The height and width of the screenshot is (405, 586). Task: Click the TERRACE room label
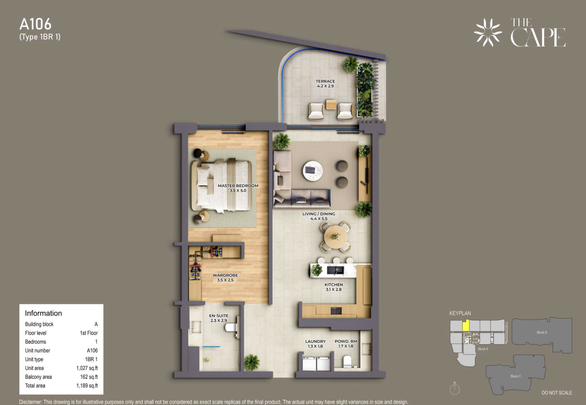click(325, 81)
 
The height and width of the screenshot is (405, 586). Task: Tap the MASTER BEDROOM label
click(238, 186)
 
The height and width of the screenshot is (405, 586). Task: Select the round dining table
click(336, 237)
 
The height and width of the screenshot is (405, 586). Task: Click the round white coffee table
click(312, 170)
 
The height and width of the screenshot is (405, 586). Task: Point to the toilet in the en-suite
click(231, 328)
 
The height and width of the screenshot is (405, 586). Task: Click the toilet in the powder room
click(347, 362)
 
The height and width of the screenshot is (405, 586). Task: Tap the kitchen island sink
click(335, 270)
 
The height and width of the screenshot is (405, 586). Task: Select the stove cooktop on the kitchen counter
click(336, 311)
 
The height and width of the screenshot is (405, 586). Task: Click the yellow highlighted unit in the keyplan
click(466, 325)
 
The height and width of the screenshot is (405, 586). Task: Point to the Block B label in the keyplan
click(542, 332)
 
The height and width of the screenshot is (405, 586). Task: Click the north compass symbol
click(455, 388)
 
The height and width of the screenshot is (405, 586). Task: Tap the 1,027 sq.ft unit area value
click(87, 368)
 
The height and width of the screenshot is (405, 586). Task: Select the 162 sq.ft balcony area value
click(89, 377)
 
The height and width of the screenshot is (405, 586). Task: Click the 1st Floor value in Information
click(89, 333)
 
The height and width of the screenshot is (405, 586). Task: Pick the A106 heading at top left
click(35, 24)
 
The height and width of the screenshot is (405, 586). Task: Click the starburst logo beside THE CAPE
click(488, 32)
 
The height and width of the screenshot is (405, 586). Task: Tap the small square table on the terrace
click(331, 104)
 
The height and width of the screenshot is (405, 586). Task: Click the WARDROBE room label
click(225, 275)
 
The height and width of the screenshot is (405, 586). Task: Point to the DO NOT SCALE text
click(557, 393)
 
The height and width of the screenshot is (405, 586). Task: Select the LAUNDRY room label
click(315, 341)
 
